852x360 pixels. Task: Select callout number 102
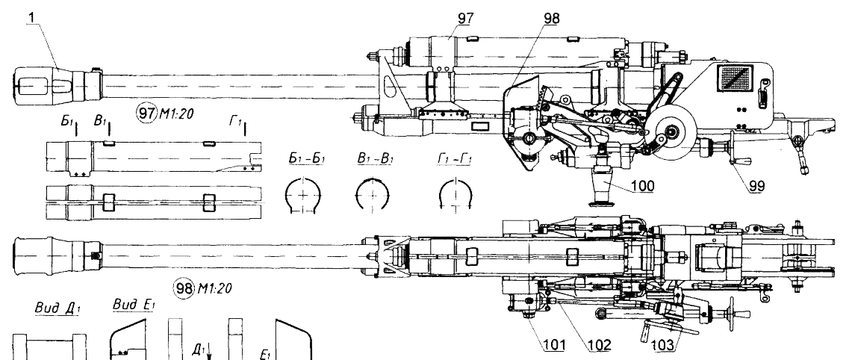tap(600, 345)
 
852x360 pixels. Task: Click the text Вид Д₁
tap(48, 308)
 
